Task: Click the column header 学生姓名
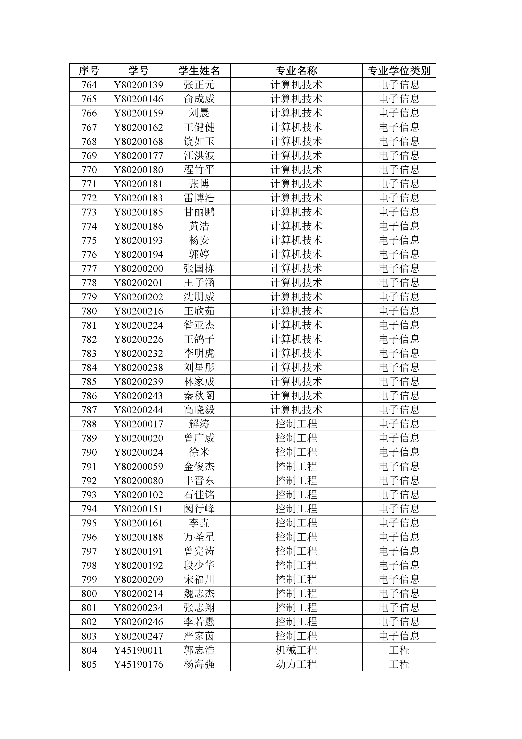coord(199,71)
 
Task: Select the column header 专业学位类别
coord(399,71)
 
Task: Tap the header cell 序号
coord(89,71)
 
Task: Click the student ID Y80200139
coord(139,85)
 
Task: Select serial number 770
coord(89,170)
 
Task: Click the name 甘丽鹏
coord(199,212)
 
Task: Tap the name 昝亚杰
coord(199,325)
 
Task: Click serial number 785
coord(89,382)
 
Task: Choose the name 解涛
coord(199,424)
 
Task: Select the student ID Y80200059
coord(139,466)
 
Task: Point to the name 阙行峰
coord(199,509)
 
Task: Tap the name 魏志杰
coord(199,593)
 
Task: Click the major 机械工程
coord(296,650)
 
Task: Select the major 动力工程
coord(296,664)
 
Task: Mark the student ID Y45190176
coord(139,664)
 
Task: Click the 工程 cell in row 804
coord(399,650)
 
